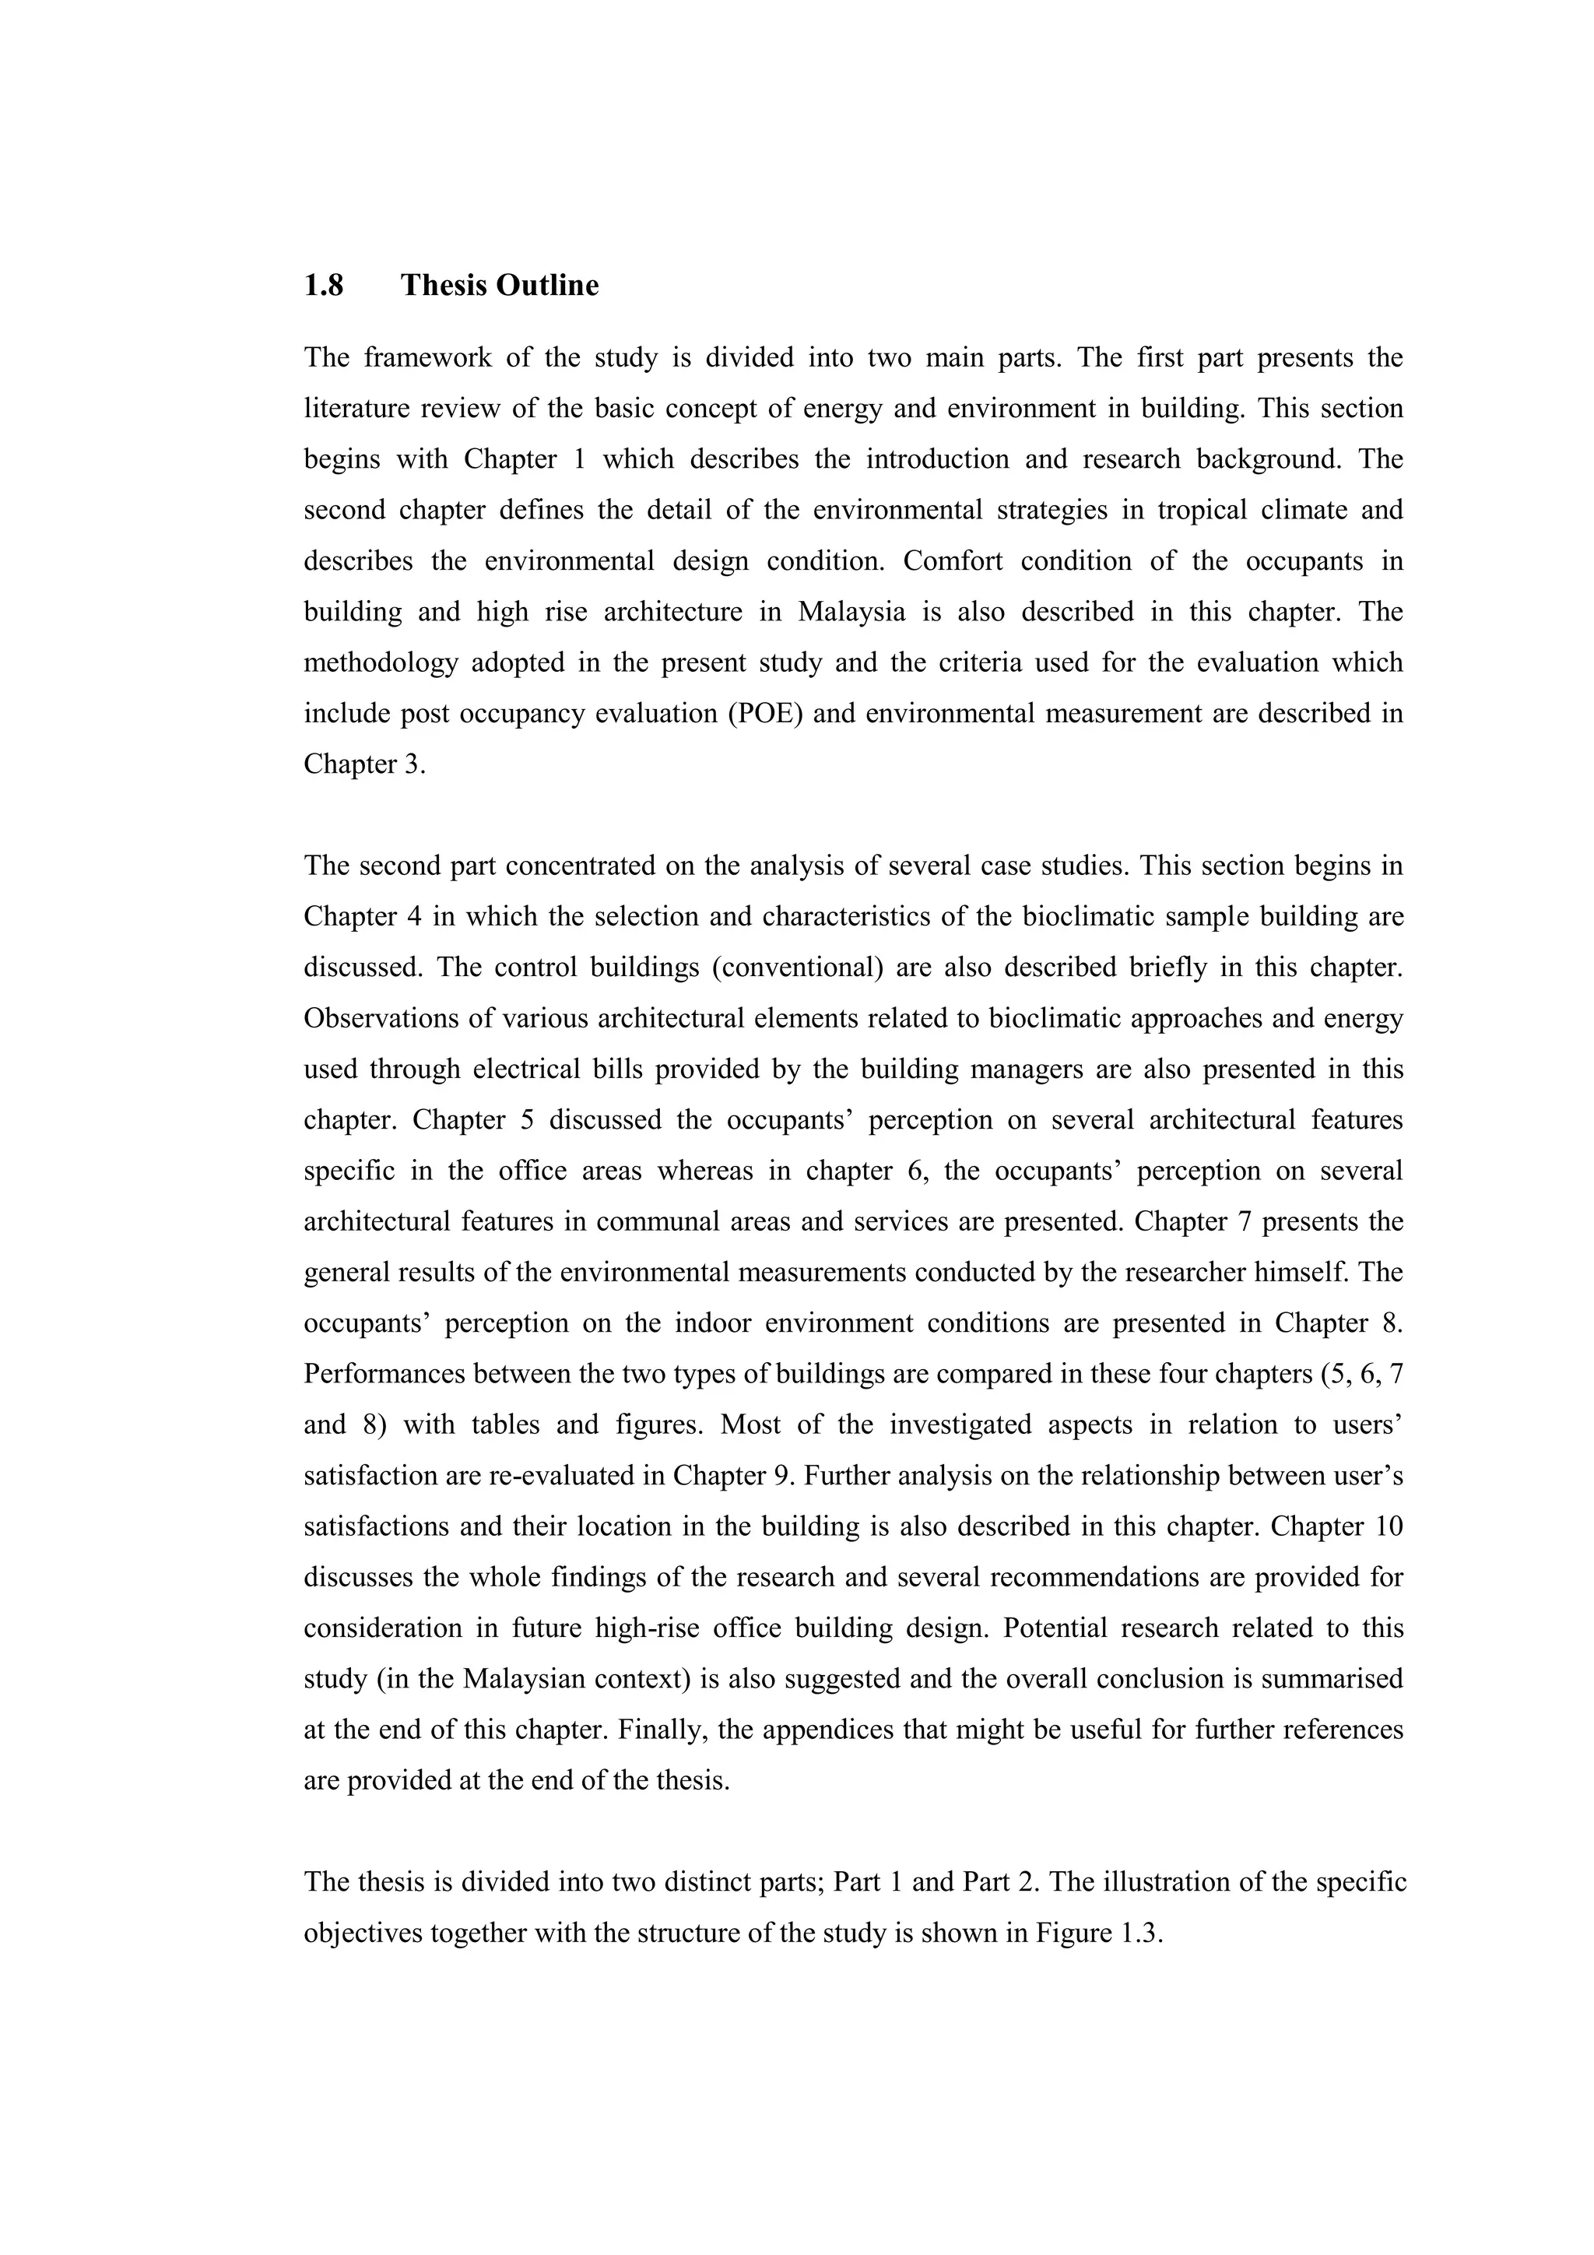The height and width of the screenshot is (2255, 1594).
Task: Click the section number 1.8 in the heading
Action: [x=323, y=286]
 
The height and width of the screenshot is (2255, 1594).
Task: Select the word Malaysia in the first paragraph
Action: [x=851, y=612]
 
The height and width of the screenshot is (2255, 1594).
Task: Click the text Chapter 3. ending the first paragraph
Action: [x=364, y=764]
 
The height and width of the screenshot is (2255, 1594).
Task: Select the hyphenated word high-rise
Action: [x=648, y=1628]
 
